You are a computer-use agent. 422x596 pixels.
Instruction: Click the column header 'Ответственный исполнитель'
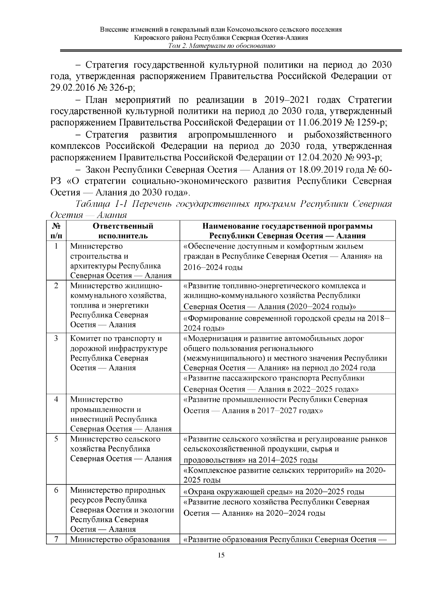pyautogui.click(x=123, y=231)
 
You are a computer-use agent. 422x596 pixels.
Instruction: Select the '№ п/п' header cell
pyautogui.click(x=56, y=231)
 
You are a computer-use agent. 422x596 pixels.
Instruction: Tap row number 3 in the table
pyautogui.click(x=56, y=339)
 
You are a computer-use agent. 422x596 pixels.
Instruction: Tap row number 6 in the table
pyautogui.click(x=56, y=490)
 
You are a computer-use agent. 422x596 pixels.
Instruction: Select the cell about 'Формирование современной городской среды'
pyautogui.click(x=287, y=323)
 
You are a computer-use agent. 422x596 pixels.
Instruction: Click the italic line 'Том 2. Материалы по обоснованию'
pyautogui.click(x=221, y=46)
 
